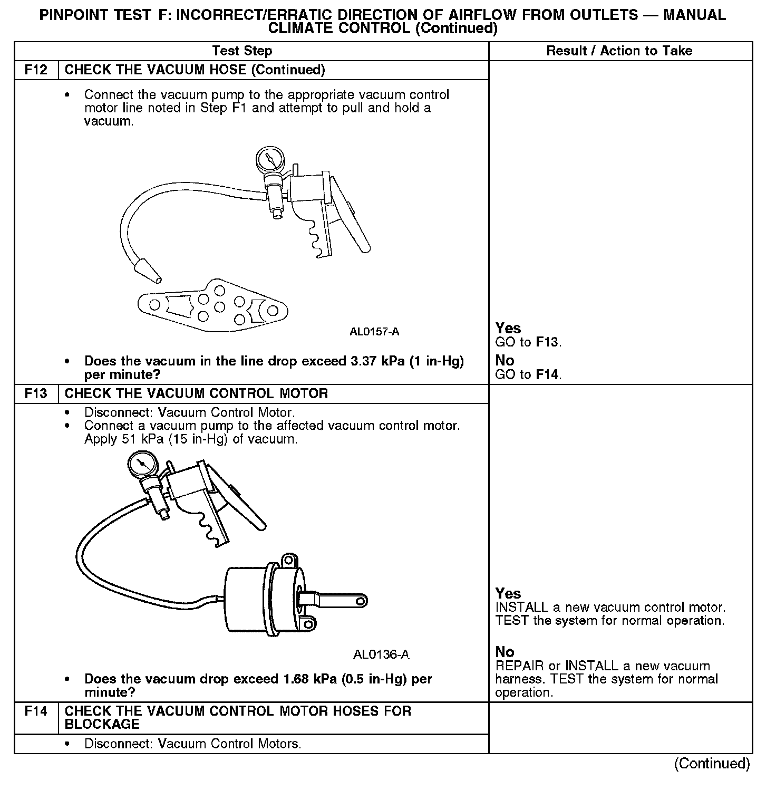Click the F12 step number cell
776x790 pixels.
(x=36, y=70)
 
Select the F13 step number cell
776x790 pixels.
(x=36, y=394)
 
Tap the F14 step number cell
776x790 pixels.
(x=36, y=711)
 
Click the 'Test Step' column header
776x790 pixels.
(x=242, y=51)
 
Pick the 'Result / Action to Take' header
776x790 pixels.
(x=619, y=51)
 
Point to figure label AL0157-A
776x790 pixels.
(x=374, y=332)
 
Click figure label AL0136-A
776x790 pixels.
(x=381, y=655)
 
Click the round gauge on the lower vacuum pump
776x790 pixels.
(x=142, y=465)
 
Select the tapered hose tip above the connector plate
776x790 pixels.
(x=147, y=270)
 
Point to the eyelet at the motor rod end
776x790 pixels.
(x=360, y=601)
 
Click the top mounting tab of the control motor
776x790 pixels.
(x=288, y=560)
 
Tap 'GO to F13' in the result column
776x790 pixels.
(x=528, y=342)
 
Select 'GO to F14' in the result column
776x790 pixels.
(x=528, y=375)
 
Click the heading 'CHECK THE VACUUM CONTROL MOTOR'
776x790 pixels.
(x=196, y=394)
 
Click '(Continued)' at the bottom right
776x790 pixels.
(x=712, y=764)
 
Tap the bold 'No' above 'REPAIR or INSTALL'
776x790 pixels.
(x=505, y=652)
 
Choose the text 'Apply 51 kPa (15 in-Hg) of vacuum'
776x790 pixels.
(x=191, y=439)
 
